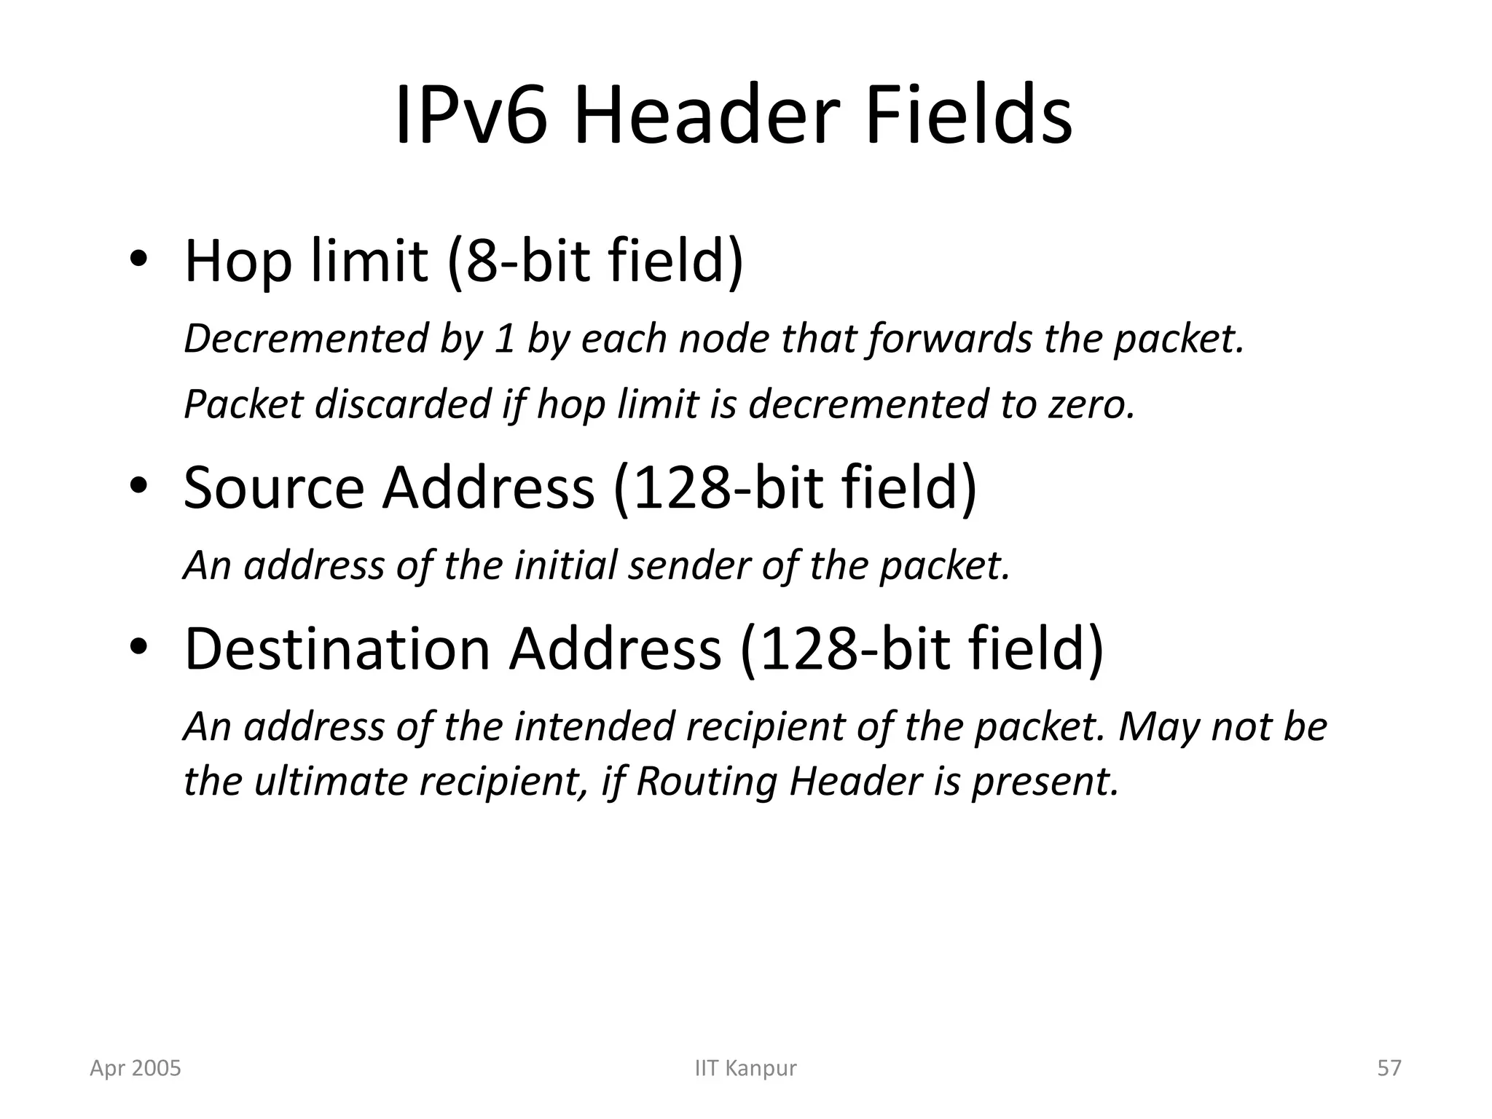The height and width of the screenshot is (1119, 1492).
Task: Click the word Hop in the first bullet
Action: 237,262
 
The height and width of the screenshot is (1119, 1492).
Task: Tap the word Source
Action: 273,488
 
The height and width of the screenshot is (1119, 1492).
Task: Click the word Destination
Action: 337,649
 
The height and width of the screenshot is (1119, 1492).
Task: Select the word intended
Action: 594,726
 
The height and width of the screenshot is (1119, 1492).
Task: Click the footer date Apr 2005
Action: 136,1068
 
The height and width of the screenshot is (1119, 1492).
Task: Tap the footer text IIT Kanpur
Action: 745,1068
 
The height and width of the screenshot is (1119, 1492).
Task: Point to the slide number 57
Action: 1389,1068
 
